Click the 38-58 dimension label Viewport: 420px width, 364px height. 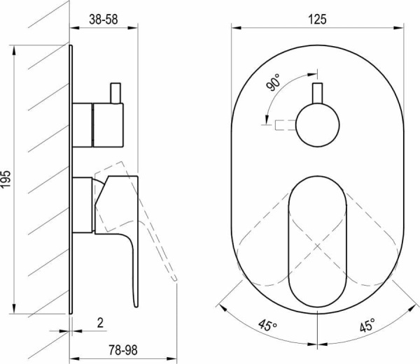104,20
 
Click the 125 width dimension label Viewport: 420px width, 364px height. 317,20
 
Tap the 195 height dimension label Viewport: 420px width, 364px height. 6,179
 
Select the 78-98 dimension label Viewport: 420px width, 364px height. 123,350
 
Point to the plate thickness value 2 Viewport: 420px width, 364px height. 100,323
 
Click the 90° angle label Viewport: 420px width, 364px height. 273,82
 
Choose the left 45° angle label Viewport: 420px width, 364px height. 267,326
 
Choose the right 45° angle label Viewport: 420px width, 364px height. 367,326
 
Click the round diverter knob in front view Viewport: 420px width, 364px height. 318,125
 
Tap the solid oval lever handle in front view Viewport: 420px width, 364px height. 317,241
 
